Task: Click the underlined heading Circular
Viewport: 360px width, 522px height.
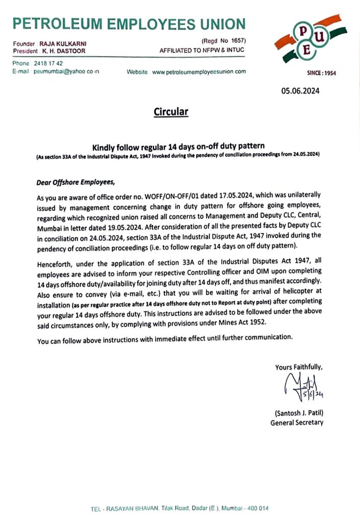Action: [171, 111]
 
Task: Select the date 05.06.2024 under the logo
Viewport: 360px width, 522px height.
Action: [302, 91]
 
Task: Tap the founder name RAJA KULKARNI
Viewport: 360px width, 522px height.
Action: [63, 44]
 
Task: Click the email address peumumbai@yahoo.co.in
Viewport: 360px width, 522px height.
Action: [66, 71]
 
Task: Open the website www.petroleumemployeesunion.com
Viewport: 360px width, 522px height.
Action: [199, 72]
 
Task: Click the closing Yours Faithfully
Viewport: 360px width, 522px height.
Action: [299, 367]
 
